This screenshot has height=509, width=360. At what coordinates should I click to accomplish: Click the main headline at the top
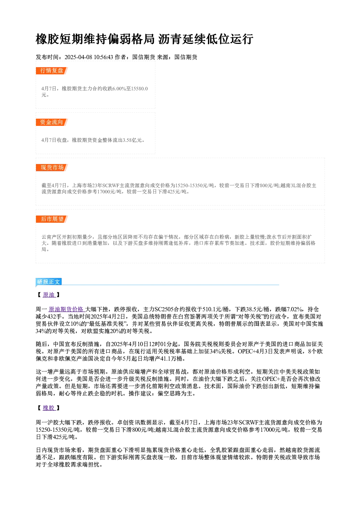tap(144, 39)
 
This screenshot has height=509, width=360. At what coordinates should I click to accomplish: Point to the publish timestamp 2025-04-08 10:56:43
tap(89, 57)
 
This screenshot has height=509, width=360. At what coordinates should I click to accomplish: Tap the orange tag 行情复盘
tap(52, 70)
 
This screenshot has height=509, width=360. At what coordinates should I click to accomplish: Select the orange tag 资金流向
tap(52, 122)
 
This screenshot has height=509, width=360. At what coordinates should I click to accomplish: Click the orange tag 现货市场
tap(52, 168)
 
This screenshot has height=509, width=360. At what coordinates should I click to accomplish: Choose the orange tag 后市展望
tap(52, 219)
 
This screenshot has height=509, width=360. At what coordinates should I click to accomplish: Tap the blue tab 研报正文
tap(49, 282)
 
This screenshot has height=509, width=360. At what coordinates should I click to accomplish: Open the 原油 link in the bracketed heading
tap(49, 295)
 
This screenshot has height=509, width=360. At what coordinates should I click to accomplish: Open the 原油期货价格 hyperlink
tap(66, 309)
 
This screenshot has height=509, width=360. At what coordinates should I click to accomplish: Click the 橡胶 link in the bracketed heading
tap(49, 408)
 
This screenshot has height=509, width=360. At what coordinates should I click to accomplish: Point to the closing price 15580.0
tap(139, 89)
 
